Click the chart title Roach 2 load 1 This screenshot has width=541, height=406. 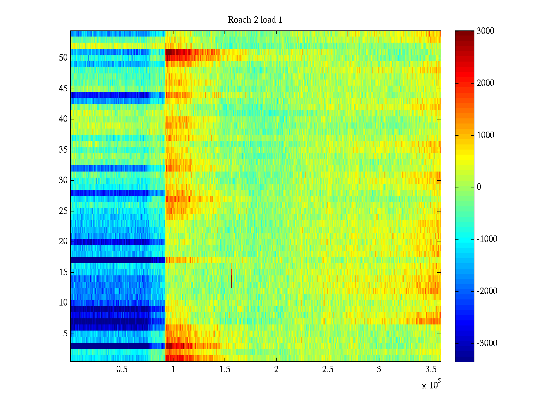pyautogui.click(x=255, y=20)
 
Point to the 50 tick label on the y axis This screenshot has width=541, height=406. pyautogui.click(x=63, y=58)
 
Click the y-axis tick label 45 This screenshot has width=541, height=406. pyautogui.click(x=63, y=89)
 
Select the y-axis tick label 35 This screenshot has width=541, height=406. pyautogui.click(x=63, y=150)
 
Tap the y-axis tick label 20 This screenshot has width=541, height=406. pyautogui.click(x=63, y=242)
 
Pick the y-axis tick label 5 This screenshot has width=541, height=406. pyautogui.click(x=65, y=334)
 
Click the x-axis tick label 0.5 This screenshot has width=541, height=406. pyautogui.click(x=122, y=369)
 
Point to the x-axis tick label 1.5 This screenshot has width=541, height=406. pyautogui.click(x=225, y=369)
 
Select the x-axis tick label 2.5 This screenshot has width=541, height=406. pyautogui.click(x=328, y=369)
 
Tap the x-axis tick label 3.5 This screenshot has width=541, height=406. pyautogui.click(x=430, y=369)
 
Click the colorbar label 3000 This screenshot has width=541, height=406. pyautogui.click(x=485, y=31)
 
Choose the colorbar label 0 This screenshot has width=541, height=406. pyautogui.click(x=479, y=187)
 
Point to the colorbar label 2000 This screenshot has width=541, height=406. pyautogui.click(x=485, y=83)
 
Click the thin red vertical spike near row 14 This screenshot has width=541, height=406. pyautogui.click(x=231, y=278)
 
